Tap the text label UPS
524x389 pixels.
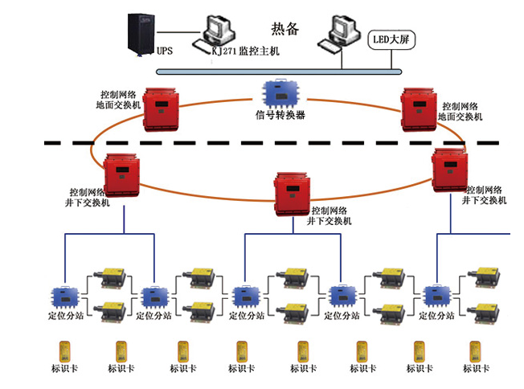(164, 51)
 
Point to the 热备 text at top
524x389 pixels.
(285, 30)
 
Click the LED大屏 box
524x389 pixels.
(391, 38)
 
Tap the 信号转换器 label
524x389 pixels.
(280, 115)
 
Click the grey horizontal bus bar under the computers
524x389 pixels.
(278, 72)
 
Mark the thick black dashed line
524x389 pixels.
(241, 143)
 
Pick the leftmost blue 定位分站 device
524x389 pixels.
(62, 297)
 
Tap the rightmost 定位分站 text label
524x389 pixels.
(436, 317)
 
